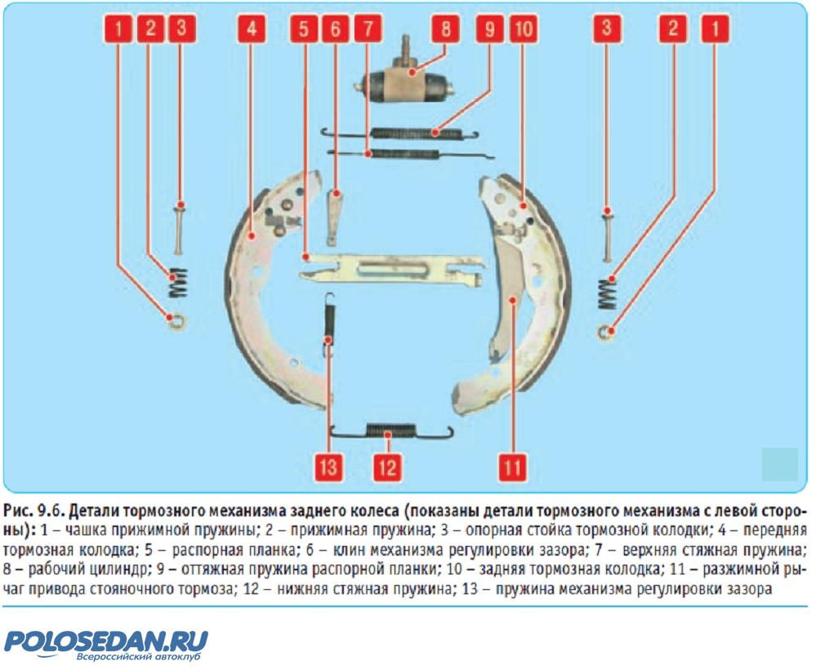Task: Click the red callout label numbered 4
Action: [252, 28]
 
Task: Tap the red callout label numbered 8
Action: [445, 28]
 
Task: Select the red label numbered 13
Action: [328, 467]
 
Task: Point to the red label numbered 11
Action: [513, 467]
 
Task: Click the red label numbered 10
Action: [524, 28]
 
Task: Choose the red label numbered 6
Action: [336, 28]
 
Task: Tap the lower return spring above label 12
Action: [391, 431]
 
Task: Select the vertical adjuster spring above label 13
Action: [329, 324]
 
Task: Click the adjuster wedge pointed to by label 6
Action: [334, 217]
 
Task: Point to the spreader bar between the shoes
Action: [392, 269]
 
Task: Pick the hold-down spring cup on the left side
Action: [176, 321]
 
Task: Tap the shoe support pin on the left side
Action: [179, 229]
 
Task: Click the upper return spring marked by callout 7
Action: [410, 154]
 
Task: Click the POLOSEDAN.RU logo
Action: [107, 644]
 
